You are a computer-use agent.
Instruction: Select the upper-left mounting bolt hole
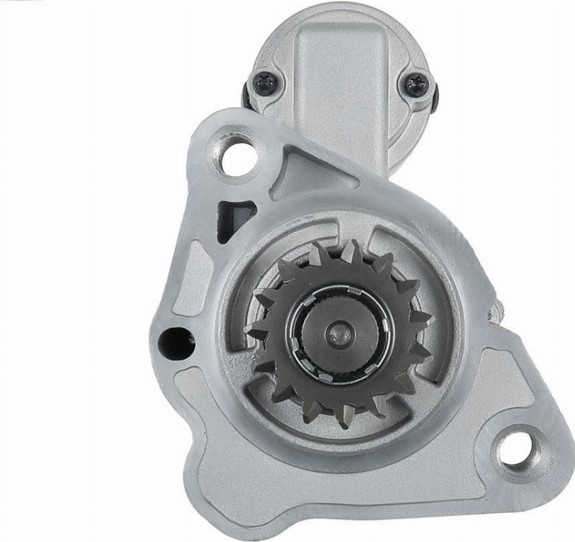(236, 157)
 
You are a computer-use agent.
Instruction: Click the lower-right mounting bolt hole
(518, 446)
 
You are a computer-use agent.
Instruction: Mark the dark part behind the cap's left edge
(247, 97)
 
